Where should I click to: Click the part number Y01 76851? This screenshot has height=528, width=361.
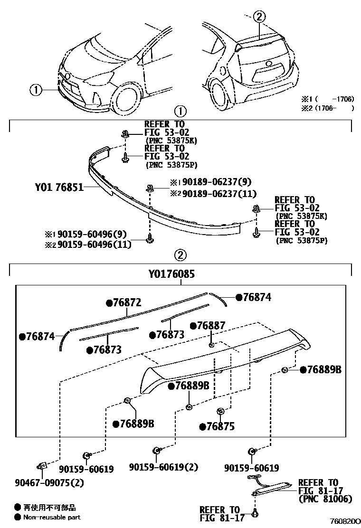pyautogui.click(x=59, y=188)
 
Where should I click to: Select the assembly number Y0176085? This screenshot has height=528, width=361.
pyautogui.click(x=171, y=274)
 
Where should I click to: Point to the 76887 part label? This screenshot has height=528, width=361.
pyautogui.click(x=211, y=325)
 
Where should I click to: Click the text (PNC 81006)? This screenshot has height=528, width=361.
pyautogui.click(x=325, y=499)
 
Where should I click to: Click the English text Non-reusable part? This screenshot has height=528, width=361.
pyautogui.click(x=52, y=518)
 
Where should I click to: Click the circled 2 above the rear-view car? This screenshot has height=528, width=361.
pyautogui.click(x=258, y=17)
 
